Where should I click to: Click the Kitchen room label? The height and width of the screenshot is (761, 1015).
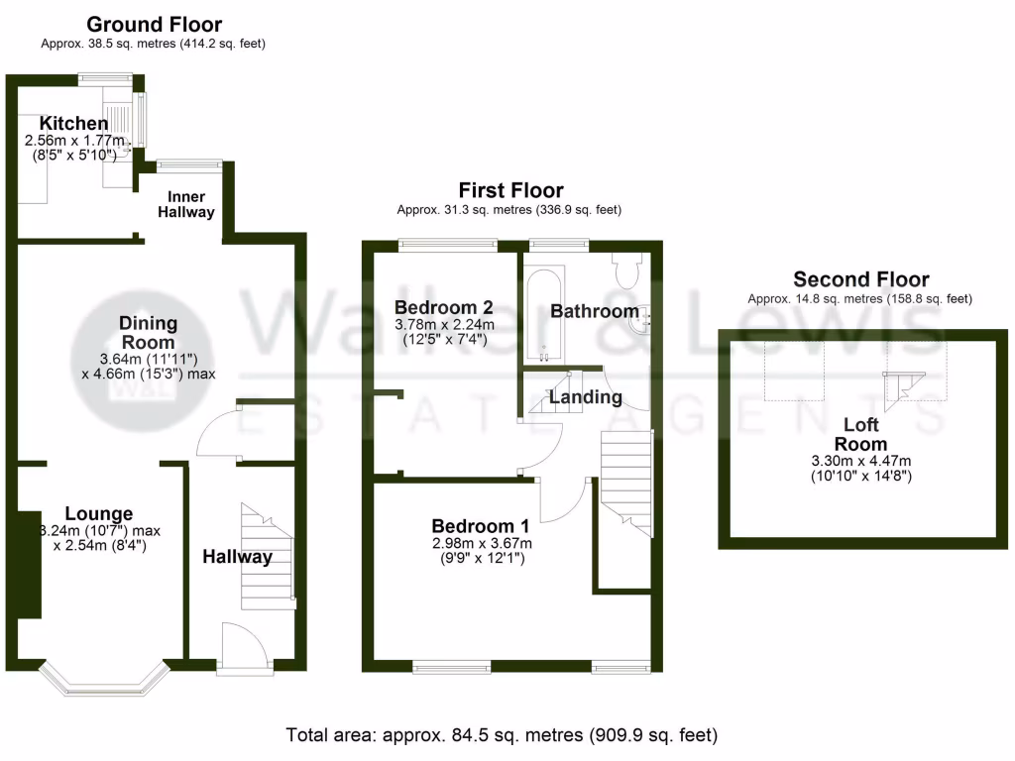pos(73,124)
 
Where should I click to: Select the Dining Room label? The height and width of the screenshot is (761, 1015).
pos(148,332)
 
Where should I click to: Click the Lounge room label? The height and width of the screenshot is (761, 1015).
pos(98,513)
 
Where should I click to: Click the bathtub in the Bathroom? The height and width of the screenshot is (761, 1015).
pos(542,312)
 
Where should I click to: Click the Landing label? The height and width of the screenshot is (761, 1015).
pos(586,397)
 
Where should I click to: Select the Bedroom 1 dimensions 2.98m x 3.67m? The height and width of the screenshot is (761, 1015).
pos(481,543)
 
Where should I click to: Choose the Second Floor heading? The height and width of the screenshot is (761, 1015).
pos(860,279)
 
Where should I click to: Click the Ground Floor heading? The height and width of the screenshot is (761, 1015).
pos(154,24)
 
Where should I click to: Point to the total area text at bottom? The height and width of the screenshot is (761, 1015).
pos(502,735)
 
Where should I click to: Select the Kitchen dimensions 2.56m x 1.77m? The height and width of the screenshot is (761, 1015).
pos(76,142)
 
